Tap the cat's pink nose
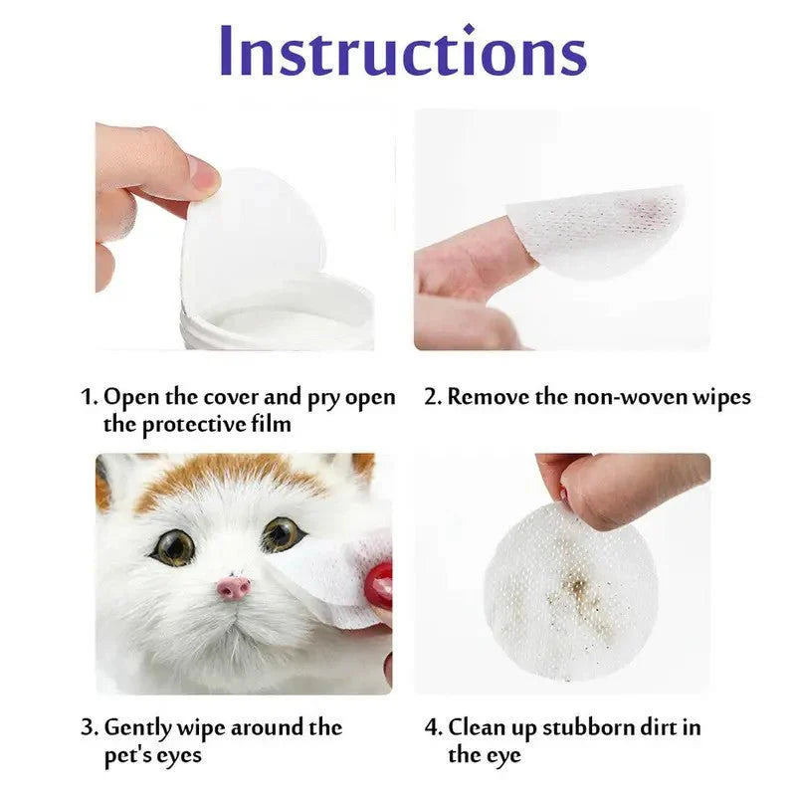pyautogui.click(x=234, y=587)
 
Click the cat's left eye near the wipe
pyautogui.click(x=283, y=535)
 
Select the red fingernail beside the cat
pyautogui.click(x=378, y=586)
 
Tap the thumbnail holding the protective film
pyautogui.click(x=203, y=177)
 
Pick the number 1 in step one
pyautogui.click(x=88, y=398)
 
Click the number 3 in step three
pyautogui.click(x=88, y=728)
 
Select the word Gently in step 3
pyautogui.click(x=139, y=728)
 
